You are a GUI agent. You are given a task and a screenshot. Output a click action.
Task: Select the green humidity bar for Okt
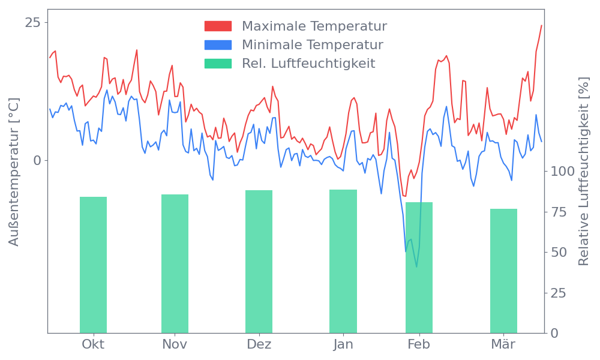click(93, 265)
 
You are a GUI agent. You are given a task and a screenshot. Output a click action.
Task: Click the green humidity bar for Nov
click(175, 263)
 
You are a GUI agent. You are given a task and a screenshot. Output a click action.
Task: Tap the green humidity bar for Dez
click(259, 262)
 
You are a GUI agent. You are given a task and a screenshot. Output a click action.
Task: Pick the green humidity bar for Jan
click(343, 261)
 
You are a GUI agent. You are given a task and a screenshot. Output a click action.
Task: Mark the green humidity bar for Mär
click(503, 271)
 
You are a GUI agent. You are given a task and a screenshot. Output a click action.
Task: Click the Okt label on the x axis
click(93, 344)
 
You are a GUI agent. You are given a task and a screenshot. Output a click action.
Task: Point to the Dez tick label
click(259, 344)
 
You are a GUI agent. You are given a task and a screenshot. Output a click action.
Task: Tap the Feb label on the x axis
click(419, 344)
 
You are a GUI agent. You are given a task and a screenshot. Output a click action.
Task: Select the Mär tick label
click(503, 344)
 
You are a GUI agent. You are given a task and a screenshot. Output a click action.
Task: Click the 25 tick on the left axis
click(33, 23)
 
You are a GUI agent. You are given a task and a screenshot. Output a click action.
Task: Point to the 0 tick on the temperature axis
click(37, 161)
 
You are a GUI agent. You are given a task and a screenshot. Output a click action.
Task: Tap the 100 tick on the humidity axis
click(563, 172)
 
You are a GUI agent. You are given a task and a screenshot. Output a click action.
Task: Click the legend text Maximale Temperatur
click(314, 26)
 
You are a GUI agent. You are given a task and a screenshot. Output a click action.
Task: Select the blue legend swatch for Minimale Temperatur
click(218, 45)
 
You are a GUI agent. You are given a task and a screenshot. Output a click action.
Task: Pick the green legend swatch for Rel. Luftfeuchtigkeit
click(218, 64)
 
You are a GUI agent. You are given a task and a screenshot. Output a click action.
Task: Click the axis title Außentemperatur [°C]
click(14, 172)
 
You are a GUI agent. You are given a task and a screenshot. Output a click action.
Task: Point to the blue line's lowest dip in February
click(416, 266)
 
